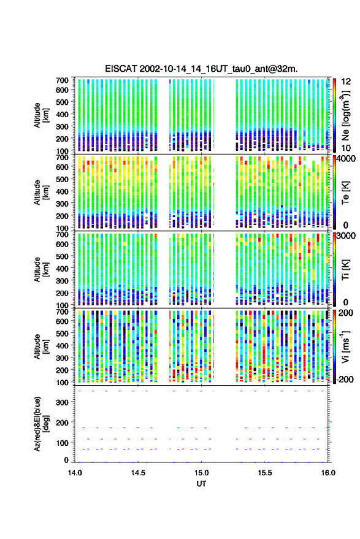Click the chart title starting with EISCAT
pos(201,69)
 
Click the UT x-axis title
pos(201,484)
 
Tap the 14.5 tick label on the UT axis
pos(138,473)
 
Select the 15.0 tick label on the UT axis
pos(201,473)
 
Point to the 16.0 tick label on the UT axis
pos(328,473)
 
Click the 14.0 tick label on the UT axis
pos(75,473)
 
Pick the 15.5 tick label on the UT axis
pos(264,473)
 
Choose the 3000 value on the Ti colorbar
pos(347,236)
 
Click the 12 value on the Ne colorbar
pos(346,82)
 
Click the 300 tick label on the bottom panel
pos(62,402)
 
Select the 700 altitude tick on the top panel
pos(62,80)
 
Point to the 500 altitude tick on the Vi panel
pos(62,334)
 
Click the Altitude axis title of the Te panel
pos(41,193)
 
